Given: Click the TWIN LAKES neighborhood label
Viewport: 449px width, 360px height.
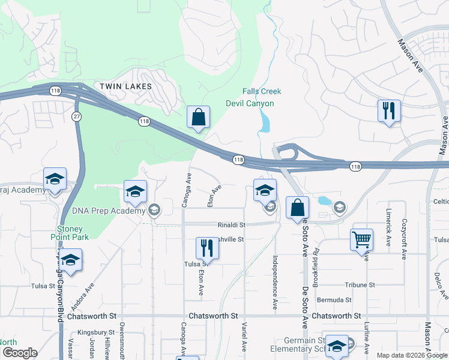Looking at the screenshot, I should click(125, 86).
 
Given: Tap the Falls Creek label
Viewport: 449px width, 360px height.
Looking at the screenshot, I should click(262, 91).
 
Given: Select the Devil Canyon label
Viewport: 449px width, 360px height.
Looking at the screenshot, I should click(250, 103).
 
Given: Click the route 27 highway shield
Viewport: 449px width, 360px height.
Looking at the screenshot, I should click(76, 116).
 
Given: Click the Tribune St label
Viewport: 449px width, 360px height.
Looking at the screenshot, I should click(360, 285).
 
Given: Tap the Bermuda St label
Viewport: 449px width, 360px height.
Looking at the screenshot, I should click(336, 299).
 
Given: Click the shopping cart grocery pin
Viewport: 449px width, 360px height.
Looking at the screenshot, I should click(362, 240).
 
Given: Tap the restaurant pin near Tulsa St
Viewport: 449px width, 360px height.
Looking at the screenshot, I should click(206, 247).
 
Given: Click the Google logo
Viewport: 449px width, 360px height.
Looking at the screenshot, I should click(19, 353).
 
